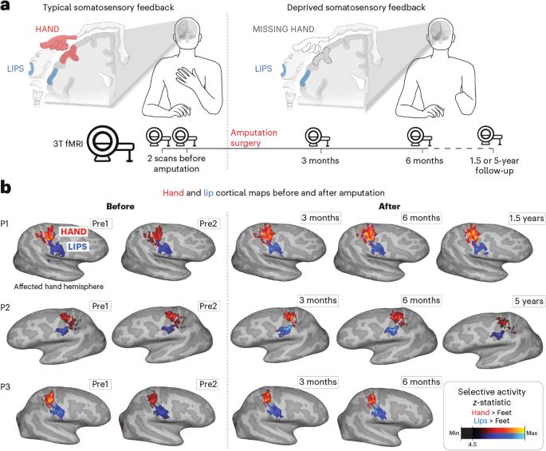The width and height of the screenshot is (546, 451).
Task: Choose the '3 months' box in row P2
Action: click(x=316, y=300)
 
